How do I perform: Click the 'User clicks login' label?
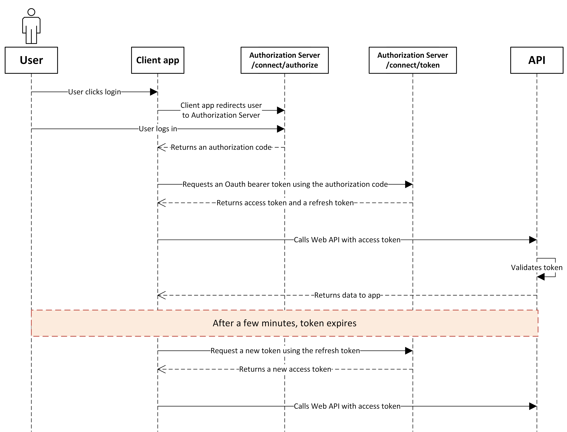point(94,92)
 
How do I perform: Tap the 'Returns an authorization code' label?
point(221,147)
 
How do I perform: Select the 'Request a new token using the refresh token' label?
point(285,351)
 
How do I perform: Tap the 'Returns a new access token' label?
point(285,369)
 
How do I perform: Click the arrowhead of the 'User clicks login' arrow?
point(154,92)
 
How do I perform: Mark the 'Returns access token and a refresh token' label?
point(285,203)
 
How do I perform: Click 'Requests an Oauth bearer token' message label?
point(285,184)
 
